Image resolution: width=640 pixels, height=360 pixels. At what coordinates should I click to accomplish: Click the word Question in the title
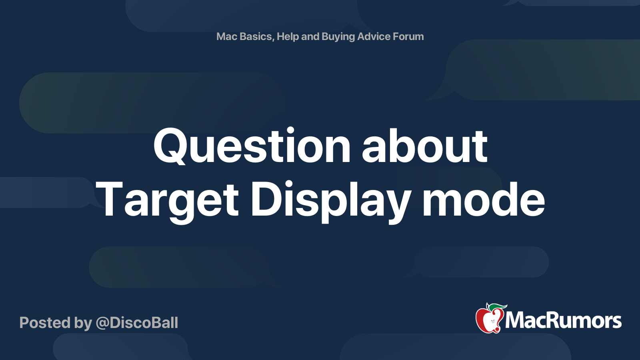252,146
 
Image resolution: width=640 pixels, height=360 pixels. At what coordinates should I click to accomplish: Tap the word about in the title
424,146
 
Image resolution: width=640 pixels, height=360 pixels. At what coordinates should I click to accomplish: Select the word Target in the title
167,199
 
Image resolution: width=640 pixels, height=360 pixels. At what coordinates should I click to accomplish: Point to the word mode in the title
484,199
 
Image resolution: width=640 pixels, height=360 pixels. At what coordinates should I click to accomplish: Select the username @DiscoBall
137,323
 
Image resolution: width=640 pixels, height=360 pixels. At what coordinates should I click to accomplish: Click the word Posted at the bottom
45,323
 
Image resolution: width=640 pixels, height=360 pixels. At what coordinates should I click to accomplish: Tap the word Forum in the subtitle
408,36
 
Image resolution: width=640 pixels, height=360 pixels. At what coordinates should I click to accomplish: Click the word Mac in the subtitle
227,36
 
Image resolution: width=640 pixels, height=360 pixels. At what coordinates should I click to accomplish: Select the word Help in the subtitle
288,36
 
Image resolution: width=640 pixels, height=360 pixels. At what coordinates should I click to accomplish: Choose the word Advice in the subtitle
374,36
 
